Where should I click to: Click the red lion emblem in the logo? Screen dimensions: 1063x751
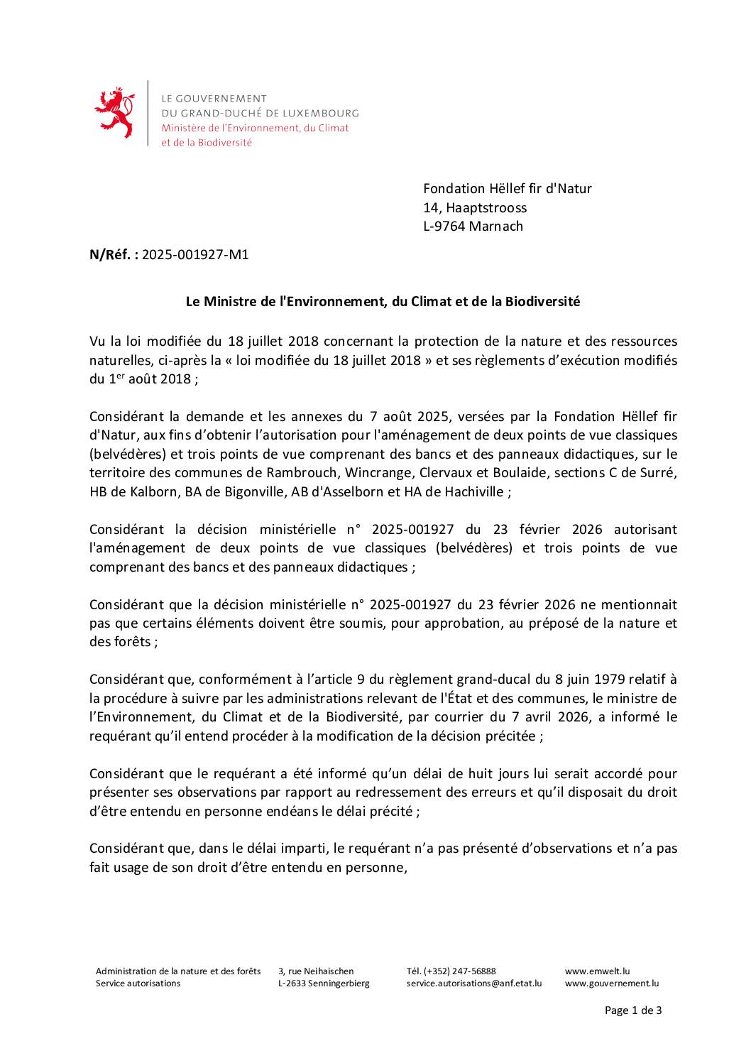tap(114, 112)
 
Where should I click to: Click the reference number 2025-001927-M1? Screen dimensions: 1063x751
tap(195, 254)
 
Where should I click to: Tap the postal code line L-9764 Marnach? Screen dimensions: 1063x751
tap(473, 226)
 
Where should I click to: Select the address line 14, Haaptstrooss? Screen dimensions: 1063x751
tap(475, 207)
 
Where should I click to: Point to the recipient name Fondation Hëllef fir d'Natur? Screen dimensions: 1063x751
tap(507, 188)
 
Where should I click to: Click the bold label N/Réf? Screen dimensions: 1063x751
tap(114, 254)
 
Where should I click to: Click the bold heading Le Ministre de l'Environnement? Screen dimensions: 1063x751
tap(383, 301)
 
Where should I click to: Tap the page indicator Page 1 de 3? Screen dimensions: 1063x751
tap(632, 1010)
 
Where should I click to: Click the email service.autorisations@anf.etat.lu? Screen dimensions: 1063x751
tap(473, 983)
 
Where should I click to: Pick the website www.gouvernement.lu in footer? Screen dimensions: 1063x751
tap(611, 983)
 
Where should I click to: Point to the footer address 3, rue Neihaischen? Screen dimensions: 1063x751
tap(316, 971)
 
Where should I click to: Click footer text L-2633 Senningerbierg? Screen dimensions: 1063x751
tap(324, 983)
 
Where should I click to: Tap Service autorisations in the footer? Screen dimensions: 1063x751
tap(138, 983)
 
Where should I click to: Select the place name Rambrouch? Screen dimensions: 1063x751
tap(296, 472)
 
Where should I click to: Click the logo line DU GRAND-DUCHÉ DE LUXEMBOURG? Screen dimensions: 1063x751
tap(260, 113)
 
